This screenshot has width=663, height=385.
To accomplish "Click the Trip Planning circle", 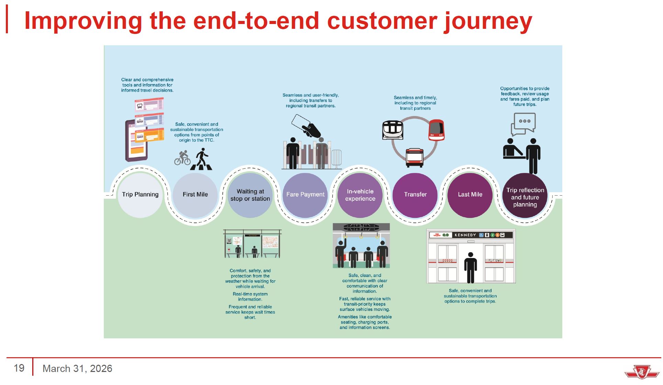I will point(140,195).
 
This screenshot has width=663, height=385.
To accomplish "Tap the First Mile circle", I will point(195,195).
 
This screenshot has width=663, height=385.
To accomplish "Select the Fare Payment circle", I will point(305,195).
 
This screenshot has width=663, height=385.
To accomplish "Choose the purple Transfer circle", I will point(415,195).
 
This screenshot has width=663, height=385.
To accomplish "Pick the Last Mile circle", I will point(470,195).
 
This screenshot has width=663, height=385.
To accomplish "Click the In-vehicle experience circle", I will point(360,195).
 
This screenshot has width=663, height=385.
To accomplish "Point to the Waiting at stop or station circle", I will point(250,195).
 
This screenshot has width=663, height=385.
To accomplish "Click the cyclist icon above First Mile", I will point(182,158).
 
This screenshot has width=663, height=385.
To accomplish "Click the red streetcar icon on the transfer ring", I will point(437,130).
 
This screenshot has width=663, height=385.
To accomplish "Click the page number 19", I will point(19,368).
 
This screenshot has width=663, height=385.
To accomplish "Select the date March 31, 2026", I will point(77,369).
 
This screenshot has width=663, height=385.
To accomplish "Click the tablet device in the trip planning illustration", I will point(136,141).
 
